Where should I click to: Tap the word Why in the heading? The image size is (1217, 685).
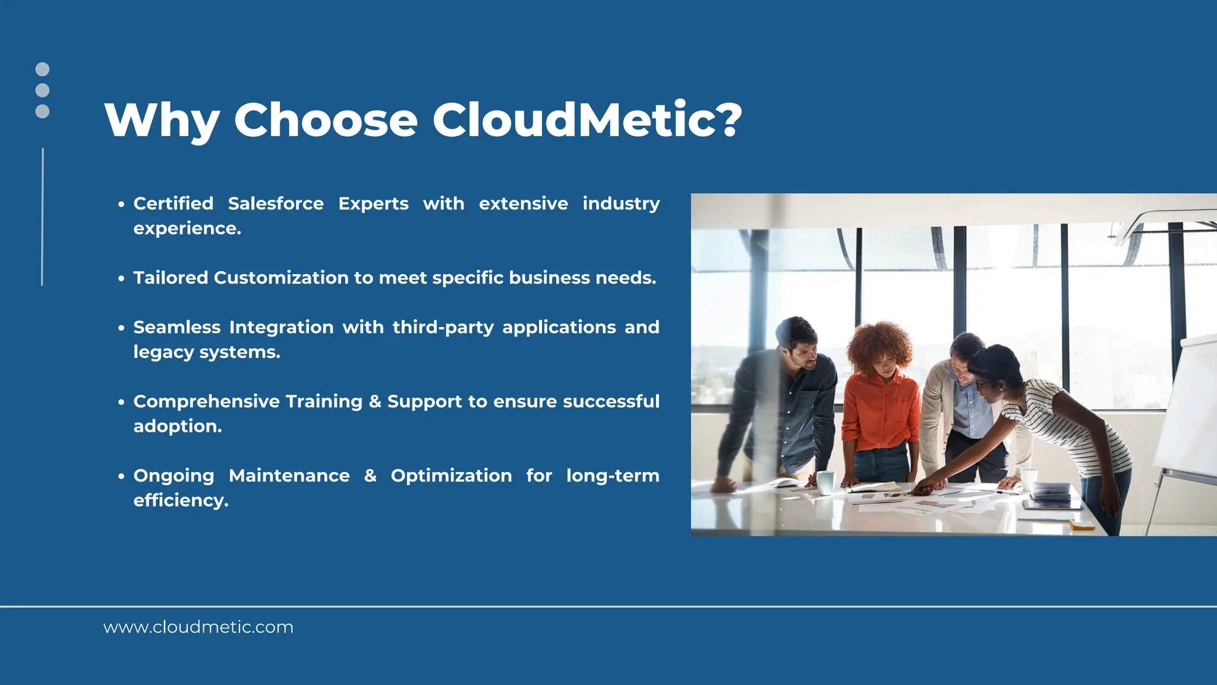click(x=162, y=121)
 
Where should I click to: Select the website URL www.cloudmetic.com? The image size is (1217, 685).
click(x=198, y=627)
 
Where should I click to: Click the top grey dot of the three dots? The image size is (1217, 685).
click(x=42, y=69)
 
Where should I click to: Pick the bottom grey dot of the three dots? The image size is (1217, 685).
click(x=42, y=111)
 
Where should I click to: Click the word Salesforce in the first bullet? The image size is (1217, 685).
click(x=276, y=203)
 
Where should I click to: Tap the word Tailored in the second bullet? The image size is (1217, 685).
click(x=170, y=278)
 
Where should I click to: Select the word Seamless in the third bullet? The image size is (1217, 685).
click(x=176, y=327)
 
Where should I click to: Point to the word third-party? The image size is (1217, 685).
click(x=443, y=328)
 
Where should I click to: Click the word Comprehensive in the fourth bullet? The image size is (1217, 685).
click(x=206, y=402)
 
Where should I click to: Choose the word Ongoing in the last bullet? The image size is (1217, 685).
click(x=174, y=476)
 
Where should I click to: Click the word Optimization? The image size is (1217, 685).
click(x=451, y=476)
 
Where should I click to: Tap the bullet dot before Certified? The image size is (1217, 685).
click(x=121, y=205)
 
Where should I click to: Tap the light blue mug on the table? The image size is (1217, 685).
click(x=825, y=482)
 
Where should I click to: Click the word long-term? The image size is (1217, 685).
click(x=612, y=476)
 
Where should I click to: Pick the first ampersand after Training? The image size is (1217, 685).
click(x=375, y=402)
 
